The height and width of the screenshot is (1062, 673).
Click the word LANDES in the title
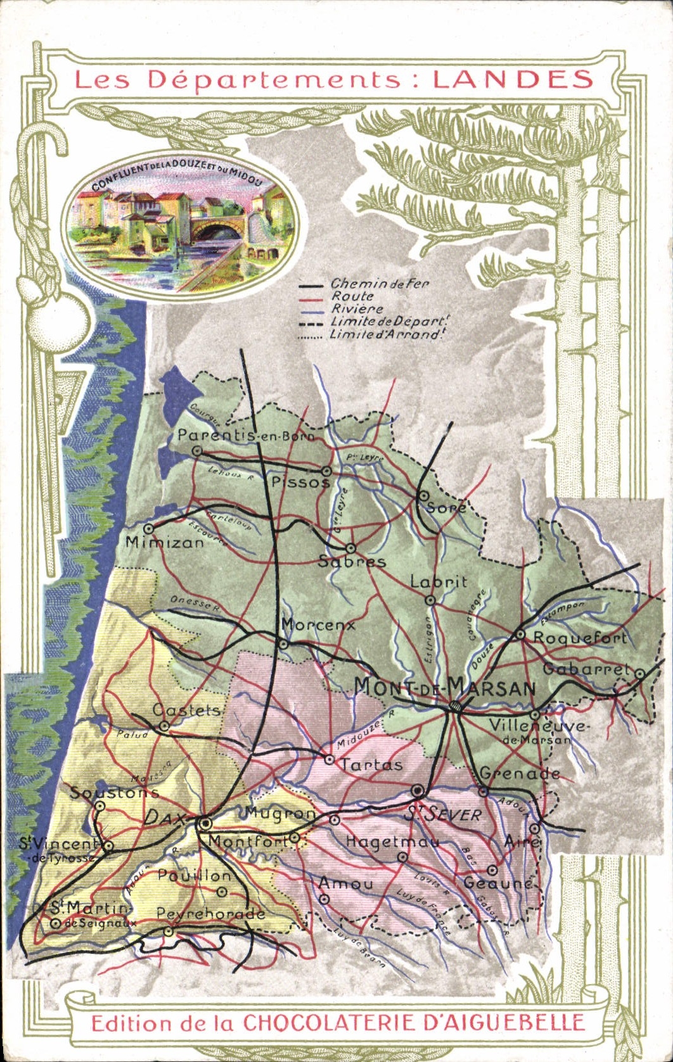(x=513, y=80)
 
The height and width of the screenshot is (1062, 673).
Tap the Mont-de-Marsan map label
(x=444, y=686)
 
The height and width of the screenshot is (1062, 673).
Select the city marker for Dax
(x=205, y=823)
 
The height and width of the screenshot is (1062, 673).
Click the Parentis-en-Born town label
(x=245, y=435)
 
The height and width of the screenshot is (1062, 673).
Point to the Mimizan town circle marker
(x=149, y=528)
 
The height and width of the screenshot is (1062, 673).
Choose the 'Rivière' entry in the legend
(x=357, y=309)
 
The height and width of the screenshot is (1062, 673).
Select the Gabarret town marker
(x=640, y=674)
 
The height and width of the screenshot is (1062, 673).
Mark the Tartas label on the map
(x=371, y=765)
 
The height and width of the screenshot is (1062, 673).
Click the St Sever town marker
(x=417, y=790)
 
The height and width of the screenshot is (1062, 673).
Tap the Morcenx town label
(x=318, y=625)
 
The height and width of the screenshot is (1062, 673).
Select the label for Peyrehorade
(x=210, y=914)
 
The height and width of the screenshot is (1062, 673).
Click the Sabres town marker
(x=350, y=548)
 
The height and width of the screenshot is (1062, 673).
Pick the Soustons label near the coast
(x=114, y=792)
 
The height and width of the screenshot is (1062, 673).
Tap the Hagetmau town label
(x=392, y=842)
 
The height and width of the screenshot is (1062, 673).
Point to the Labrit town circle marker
(x=430, y=600)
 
